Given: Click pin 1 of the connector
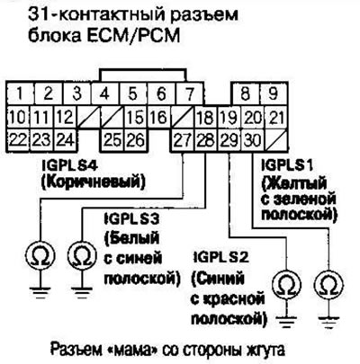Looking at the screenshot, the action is [20, 93].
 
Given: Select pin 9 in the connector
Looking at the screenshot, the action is [274, 93].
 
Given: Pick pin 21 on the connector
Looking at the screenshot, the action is [275, 117].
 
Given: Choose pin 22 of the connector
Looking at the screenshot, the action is [18, 140].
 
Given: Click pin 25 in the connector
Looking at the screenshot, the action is [112, 140].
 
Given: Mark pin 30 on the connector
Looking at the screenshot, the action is [253, 140].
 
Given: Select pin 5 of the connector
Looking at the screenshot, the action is [132, 93].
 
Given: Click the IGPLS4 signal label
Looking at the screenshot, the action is [70, 165].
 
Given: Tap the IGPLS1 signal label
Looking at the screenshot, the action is [287, 165].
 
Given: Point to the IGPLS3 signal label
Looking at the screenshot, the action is [131, 219].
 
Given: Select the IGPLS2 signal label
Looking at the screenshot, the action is [220, 258].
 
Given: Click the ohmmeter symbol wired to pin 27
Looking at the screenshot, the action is [40, 255].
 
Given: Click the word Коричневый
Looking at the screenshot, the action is [93, 182].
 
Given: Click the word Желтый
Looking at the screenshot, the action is [294, 182].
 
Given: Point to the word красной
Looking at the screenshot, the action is [228, 300].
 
